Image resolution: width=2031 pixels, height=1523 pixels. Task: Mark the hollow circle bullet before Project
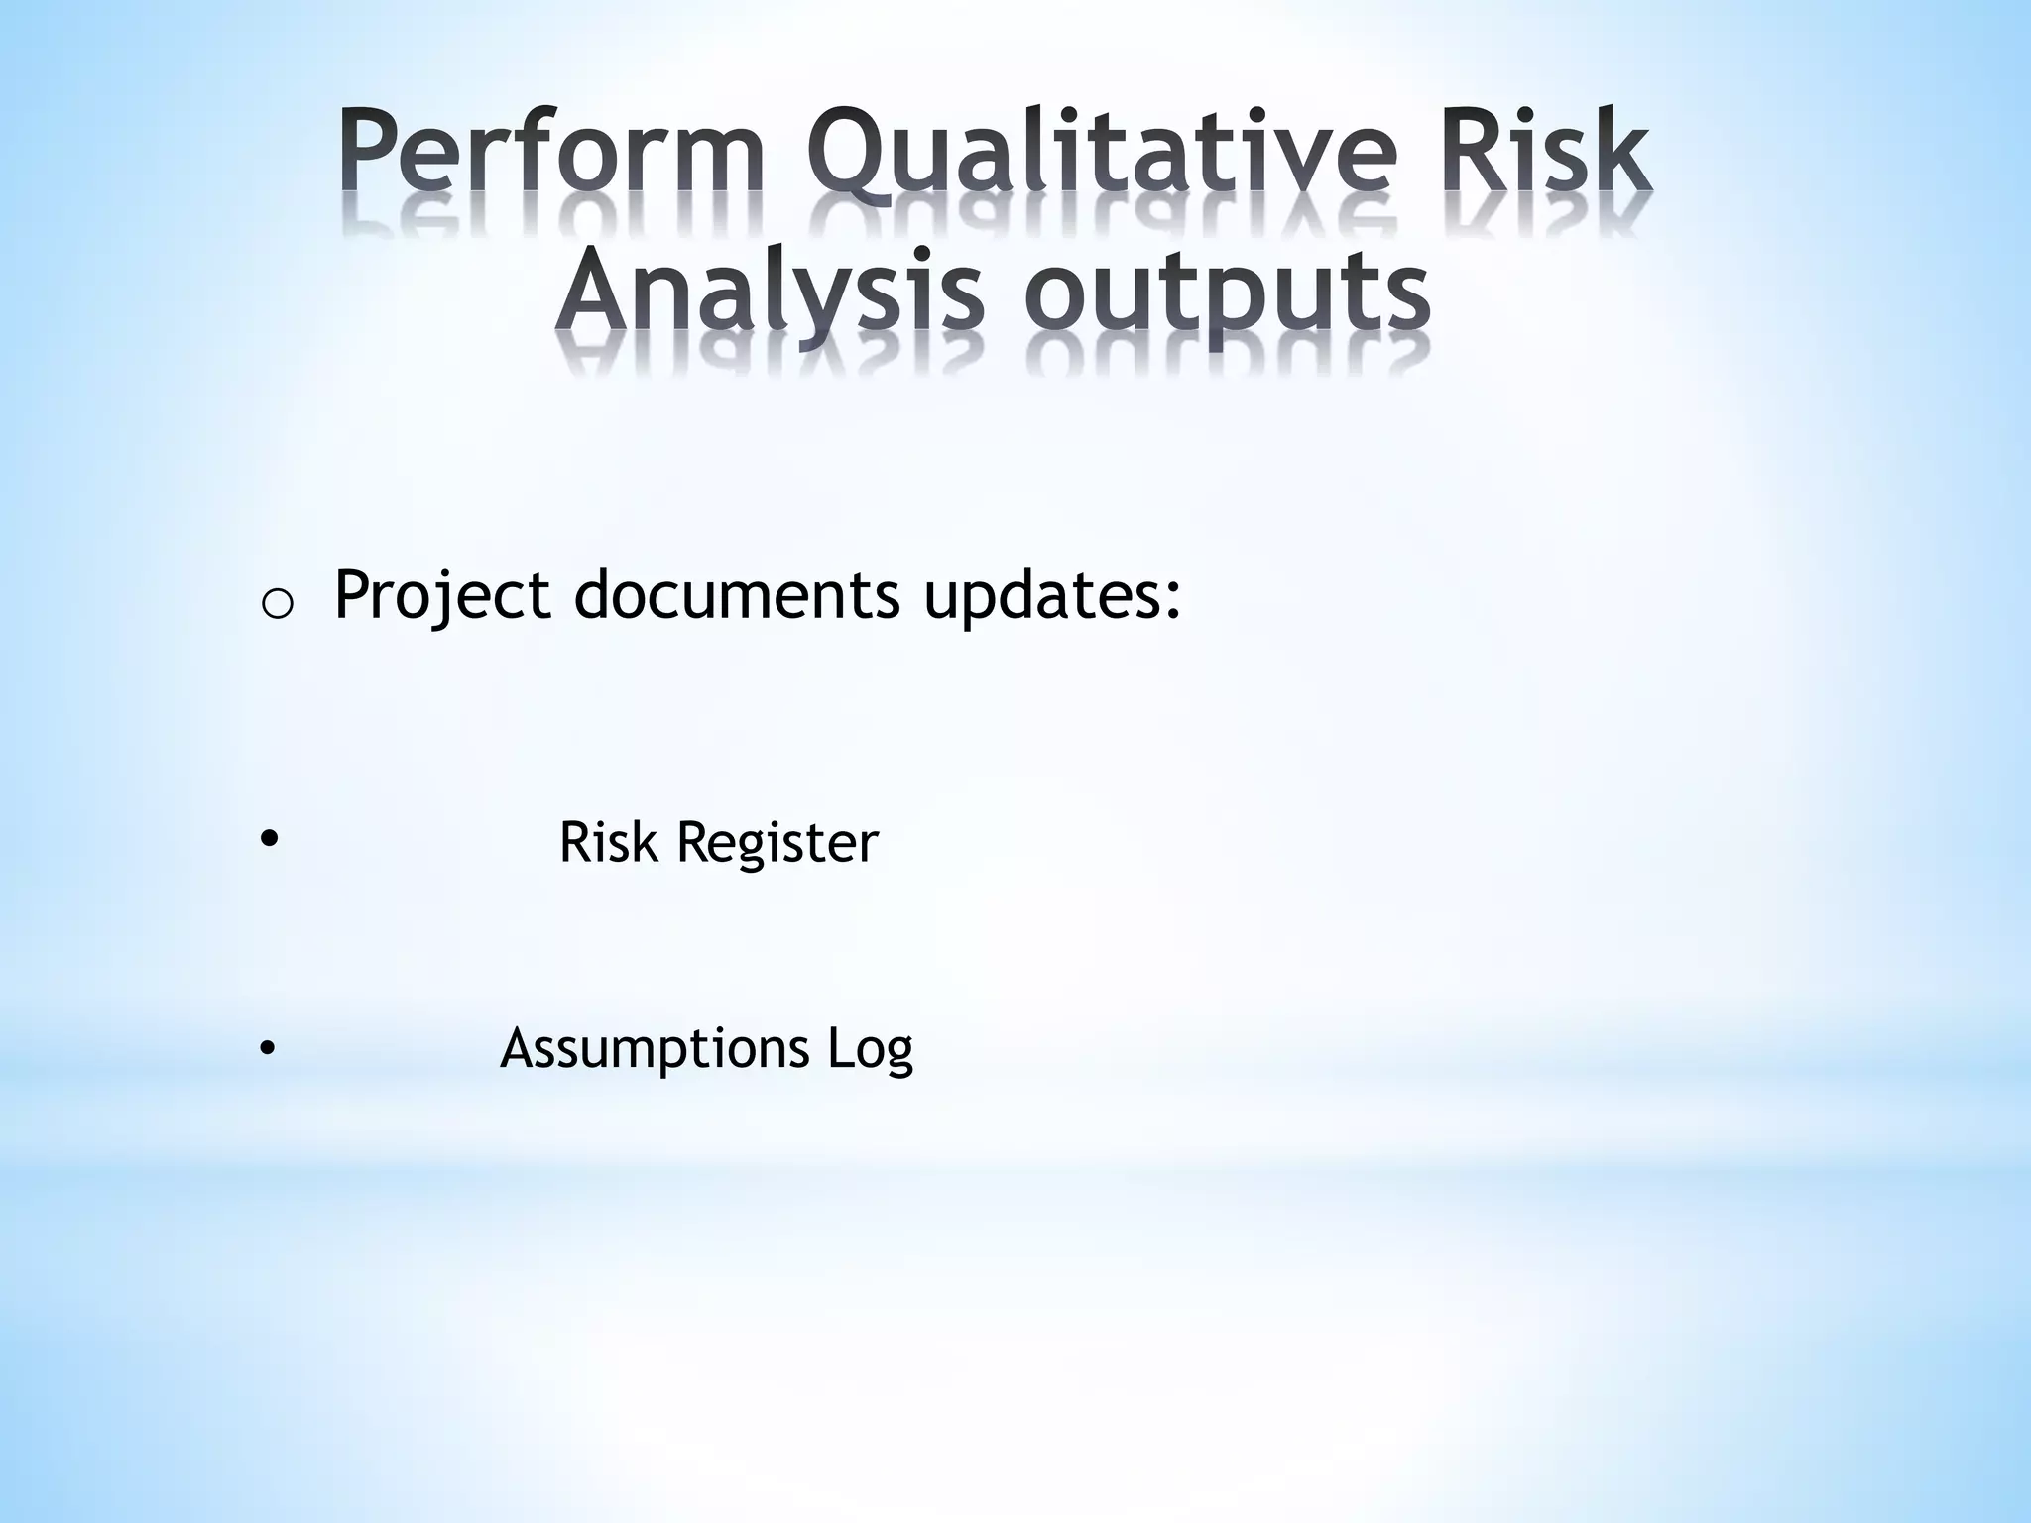point(277,604)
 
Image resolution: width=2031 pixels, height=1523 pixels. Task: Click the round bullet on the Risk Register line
point(267,840)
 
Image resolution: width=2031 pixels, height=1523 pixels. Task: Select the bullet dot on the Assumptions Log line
point(266,1048)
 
